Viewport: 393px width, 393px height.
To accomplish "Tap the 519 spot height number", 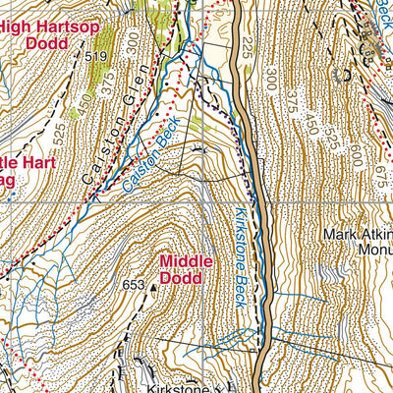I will (x=95, y=58).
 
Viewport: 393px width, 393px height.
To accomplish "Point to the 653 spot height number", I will (x=135, y=285).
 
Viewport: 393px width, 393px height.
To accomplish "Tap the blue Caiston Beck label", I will (x=144, y=162).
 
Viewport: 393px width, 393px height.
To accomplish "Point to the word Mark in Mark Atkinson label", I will (x=339, y=235).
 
